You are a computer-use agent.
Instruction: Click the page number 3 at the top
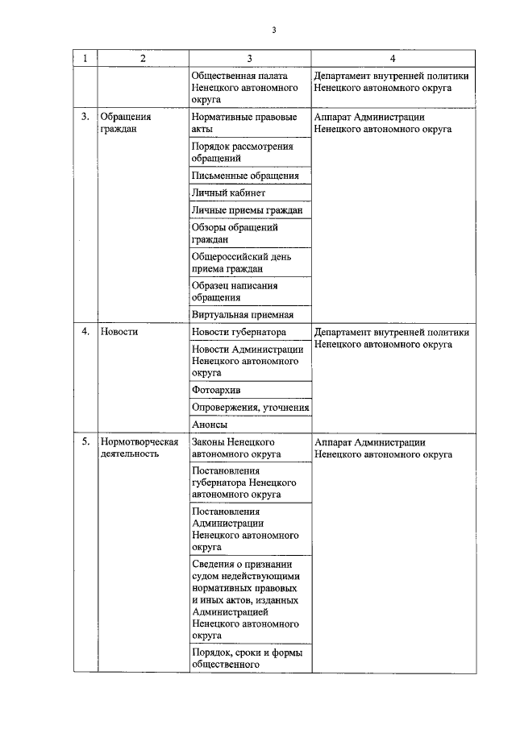click(x=274, y=31)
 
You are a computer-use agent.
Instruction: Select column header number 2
click(x=143, y=58)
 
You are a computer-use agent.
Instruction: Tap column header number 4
click(x=393, y=58)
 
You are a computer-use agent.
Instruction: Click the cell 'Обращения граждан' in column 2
click(x=125, y=122)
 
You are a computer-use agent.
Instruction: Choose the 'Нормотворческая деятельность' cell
click(x=138, y=448)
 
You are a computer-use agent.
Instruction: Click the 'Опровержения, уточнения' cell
click(x=250, y=408)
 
